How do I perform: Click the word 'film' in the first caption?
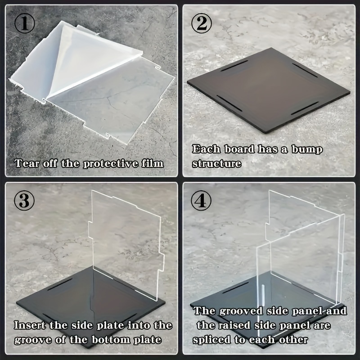click(x=151, y=163)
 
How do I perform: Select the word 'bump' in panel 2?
click(x=306, y=149)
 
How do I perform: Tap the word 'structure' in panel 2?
click(x=216, y=163)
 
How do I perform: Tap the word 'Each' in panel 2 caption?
click(x=205, y=149)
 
